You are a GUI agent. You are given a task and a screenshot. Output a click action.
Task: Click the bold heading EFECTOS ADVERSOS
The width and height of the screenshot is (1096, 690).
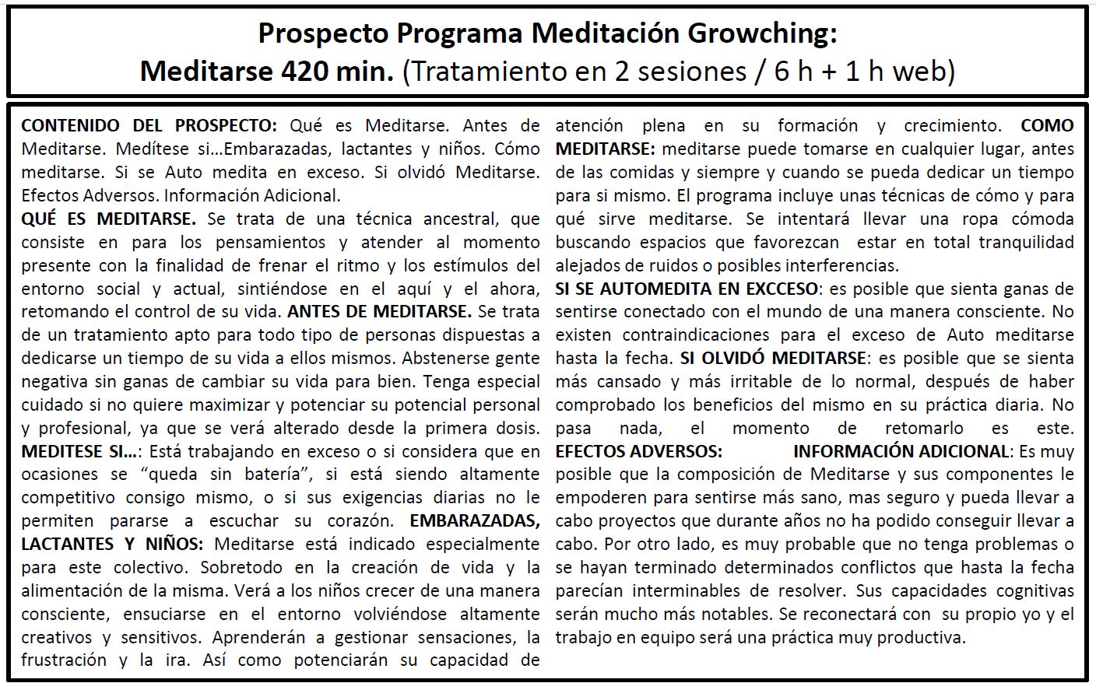[x=638, y=451]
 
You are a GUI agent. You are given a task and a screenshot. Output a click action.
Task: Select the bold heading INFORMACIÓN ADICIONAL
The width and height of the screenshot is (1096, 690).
[x=901, y=451]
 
